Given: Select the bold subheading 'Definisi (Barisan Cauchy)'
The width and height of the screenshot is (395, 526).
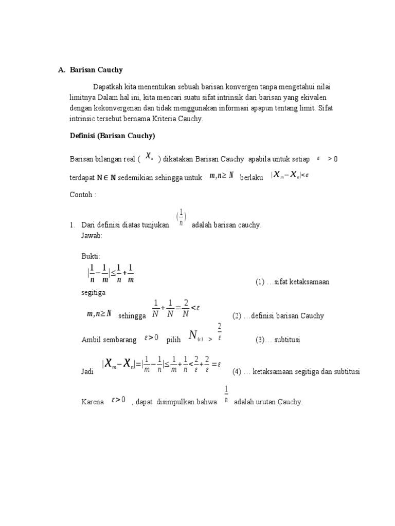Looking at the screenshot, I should point(113,136).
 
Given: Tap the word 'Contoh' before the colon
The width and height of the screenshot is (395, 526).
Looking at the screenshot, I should point(81,195).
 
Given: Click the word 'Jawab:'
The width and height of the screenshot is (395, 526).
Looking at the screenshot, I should point(92,235).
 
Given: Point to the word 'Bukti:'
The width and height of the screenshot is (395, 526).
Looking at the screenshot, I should point(91,256).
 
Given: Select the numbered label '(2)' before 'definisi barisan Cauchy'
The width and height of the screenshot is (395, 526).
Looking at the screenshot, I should point(237,316).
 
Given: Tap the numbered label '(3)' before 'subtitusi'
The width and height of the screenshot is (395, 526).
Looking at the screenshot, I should point(261,340).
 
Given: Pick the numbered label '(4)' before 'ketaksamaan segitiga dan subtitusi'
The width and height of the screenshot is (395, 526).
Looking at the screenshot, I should point(237,371).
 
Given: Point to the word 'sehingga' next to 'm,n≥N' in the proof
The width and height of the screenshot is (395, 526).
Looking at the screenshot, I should point(132,316).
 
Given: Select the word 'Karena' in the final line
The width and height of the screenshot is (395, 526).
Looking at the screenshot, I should point(92,402).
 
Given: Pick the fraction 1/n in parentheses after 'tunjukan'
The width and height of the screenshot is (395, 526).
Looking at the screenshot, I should point(181,218).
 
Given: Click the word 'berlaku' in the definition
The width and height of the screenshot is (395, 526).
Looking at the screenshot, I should point(252,177).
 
